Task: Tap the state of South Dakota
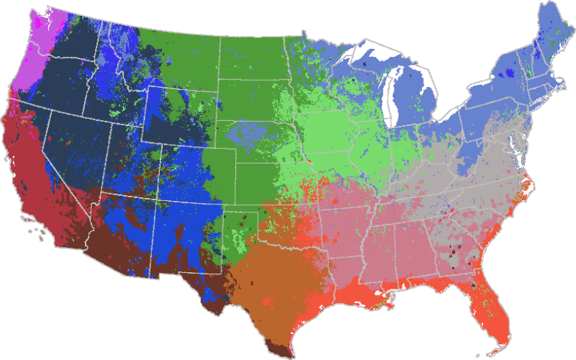point(252,101)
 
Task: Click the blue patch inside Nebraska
point(245,133)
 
